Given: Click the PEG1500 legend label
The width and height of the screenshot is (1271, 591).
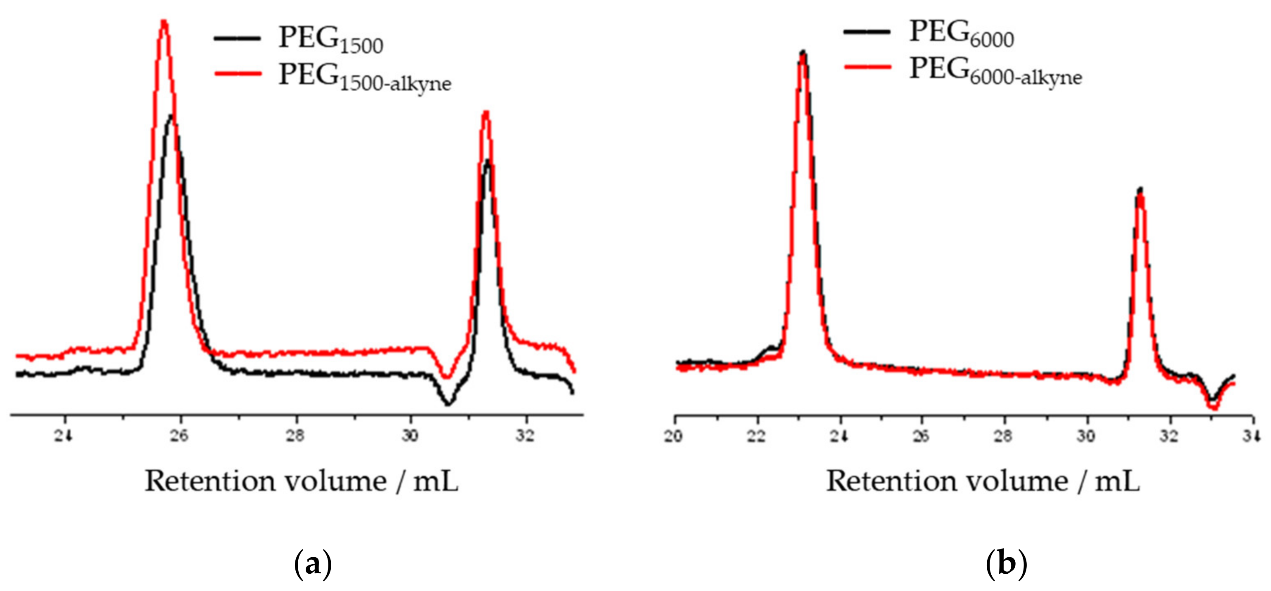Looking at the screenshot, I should click(330, 40).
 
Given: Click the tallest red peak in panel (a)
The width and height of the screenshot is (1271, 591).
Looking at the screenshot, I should click(164, 23).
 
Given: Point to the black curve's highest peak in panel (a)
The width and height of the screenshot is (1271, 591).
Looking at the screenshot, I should click(171, 117).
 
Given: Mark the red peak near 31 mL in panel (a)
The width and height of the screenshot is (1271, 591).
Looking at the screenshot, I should click(486, 113).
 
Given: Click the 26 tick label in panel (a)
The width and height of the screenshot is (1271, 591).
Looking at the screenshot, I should click(180, 436).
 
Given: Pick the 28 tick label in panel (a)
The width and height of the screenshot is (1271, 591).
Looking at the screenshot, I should click(295, 436).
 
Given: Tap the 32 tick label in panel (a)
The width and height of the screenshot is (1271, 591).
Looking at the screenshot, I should click(526, 436).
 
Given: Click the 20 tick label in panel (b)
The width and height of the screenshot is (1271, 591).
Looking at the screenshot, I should click(674, 436).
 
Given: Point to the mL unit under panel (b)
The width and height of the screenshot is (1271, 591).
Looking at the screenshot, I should click(1117, 481).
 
